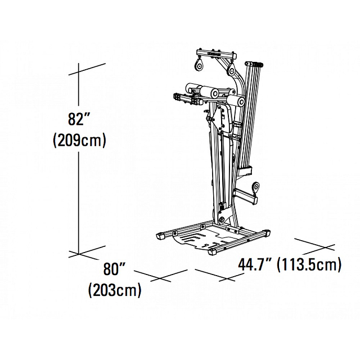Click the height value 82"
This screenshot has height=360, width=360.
79,119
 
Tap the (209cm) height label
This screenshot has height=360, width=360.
79,140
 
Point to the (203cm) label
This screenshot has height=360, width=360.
115,290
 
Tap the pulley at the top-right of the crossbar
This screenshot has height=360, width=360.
231,70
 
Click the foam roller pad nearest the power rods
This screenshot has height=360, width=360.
236,101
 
